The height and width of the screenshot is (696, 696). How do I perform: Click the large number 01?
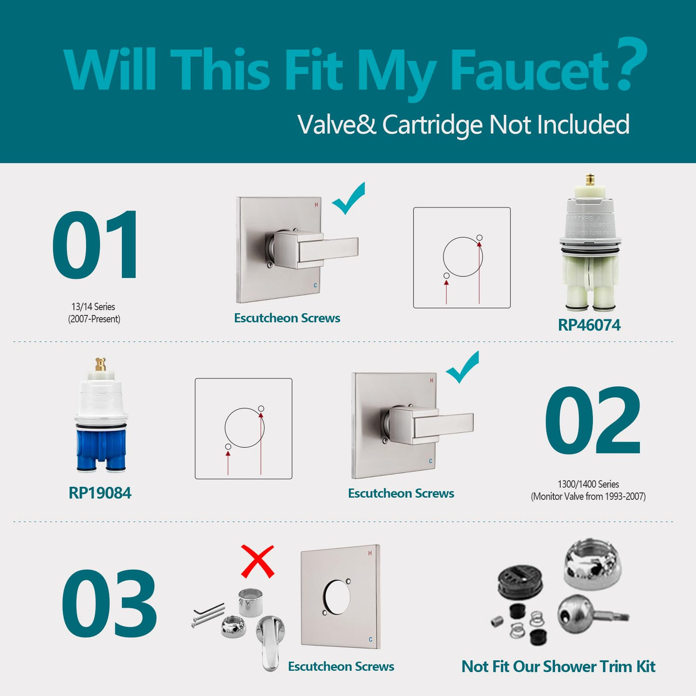(95, 245)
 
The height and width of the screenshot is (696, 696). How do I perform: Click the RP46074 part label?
(589, 325)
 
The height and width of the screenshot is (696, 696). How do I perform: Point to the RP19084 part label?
(100, 493)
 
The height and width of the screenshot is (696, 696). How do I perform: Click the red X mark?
(258, 561)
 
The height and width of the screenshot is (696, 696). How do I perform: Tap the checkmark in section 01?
(348, 198)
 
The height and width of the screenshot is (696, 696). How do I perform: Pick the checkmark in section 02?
(463, 366)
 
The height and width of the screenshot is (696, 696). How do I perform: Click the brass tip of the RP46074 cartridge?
(590, 179)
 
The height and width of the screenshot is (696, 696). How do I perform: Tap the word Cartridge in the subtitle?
(433, 125)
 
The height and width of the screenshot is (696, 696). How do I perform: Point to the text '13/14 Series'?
(93, 307)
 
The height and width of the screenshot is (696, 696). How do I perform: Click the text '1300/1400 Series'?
(588, 484)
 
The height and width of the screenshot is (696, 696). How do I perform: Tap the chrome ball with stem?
(592, 614)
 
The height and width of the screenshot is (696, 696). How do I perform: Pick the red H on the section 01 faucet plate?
(316, 205)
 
